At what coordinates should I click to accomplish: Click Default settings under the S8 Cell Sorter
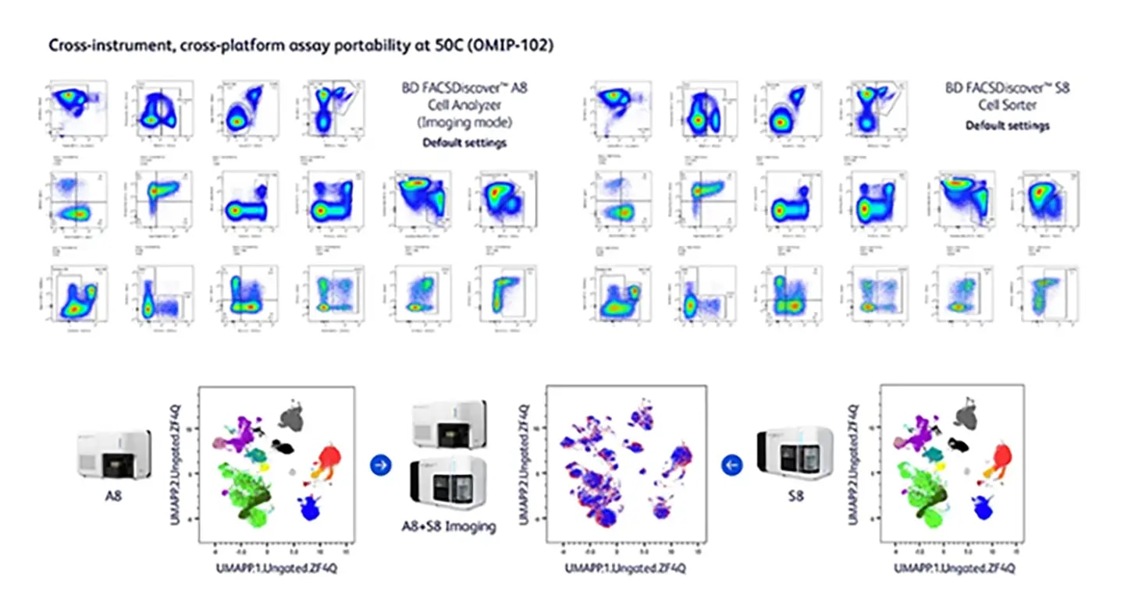click(1008, 125)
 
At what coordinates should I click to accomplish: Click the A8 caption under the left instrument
click(114, 494)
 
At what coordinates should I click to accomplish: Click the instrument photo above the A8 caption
click(114, 454)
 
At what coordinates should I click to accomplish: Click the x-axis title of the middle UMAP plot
click(626, 568)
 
